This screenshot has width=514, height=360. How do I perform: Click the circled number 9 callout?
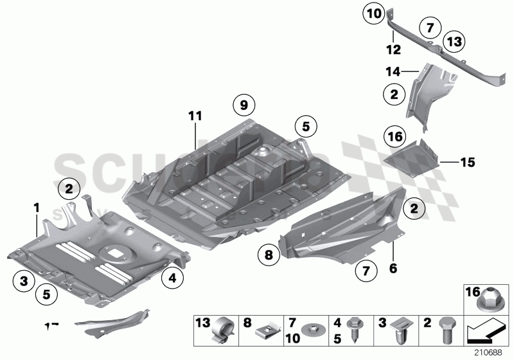244,104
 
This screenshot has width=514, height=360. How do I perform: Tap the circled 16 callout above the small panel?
394,136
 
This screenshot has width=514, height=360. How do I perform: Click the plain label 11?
195,116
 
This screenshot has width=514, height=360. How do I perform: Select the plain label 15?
467,163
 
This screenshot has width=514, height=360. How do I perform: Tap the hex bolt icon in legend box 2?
447,332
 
